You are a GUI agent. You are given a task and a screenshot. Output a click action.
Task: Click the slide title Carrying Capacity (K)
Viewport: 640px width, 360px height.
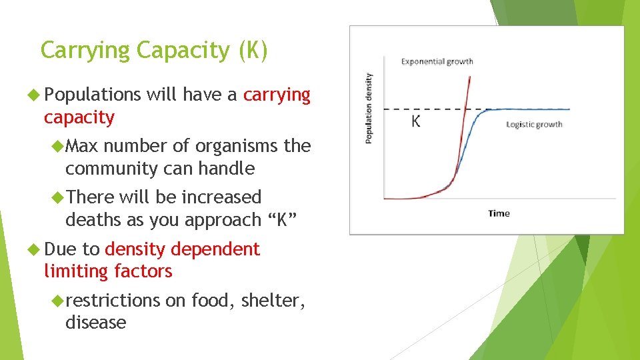click(154, 51)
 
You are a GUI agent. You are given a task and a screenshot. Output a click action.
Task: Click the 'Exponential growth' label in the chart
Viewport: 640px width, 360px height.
click(437, 62)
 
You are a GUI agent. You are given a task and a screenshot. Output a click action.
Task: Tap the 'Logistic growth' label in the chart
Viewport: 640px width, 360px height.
click(534, 124)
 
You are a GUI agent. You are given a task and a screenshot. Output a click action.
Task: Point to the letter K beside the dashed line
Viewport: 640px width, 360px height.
click(416, 122)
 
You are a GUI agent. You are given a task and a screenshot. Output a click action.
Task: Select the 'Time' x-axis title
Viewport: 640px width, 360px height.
click(499, 213)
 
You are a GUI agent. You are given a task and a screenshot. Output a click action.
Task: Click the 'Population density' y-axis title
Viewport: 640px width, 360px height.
click(369, 108)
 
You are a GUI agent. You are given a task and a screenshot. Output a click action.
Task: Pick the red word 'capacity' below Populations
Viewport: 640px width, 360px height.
click(79, 118)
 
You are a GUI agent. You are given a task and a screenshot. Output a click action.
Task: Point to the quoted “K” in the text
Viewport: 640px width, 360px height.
click(280, 219)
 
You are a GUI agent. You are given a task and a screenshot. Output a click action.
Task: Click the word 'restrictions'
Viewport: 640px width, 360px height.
click(113, 301)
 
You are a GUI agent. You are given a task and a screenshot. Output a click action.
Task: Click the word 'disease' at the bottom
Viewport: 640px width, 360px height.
click(95, 323)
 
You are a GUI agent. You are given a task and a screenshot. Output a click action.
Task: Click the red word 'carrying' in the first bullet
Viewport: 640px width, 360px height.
click(277, 95)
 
